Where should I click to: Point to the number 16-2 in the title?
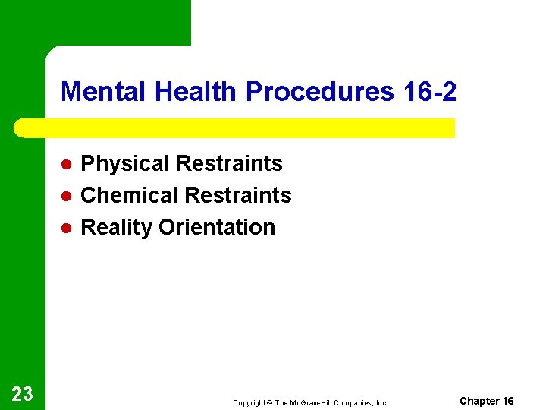[x=428, y=92]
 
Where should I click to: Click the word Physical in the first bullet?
[x=125, y=164]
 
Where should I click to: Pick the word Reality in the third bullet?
[x=117, y=227]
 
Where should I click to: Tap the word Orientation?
[x=217, y=227]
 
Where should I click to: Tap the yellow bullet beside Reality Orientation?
[x=66, y=228]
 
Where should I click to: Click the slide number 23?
[x=22, y=393]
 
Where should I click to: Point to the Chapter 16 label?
[x=487, y=401]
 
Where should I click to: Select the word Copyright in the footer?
[x=249, y=403]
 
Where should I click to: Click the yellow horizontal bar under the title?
[x=235, y=128]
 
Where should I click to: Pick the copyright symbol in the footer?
[x=269, y=403]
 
